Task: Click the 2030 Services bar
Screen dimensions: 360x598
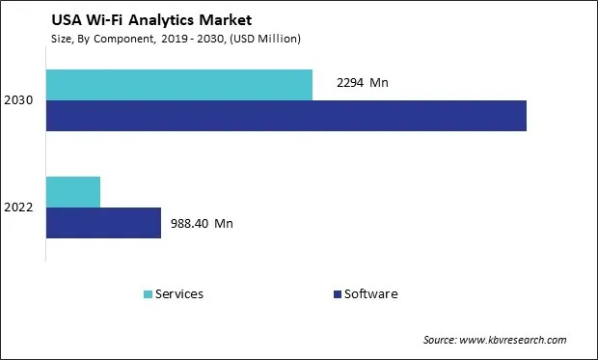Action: pos(179,85)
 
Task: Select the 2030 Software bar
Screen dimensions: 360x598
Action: pos(286,116)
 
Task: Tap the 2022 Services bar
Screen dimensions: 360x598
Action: pos(73,192)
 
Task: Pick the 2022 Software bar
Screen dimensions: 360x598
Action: pos(103,223)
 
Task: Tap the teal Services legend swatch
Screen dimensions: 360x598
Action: pos(147,294)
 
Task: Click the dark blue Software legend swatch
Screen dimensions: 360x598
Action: pos(337,294)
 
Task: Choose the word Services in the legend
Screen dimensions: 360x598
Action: pos(178,294)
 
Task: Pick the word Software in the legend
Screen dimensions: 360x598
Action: pos(370,294)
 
